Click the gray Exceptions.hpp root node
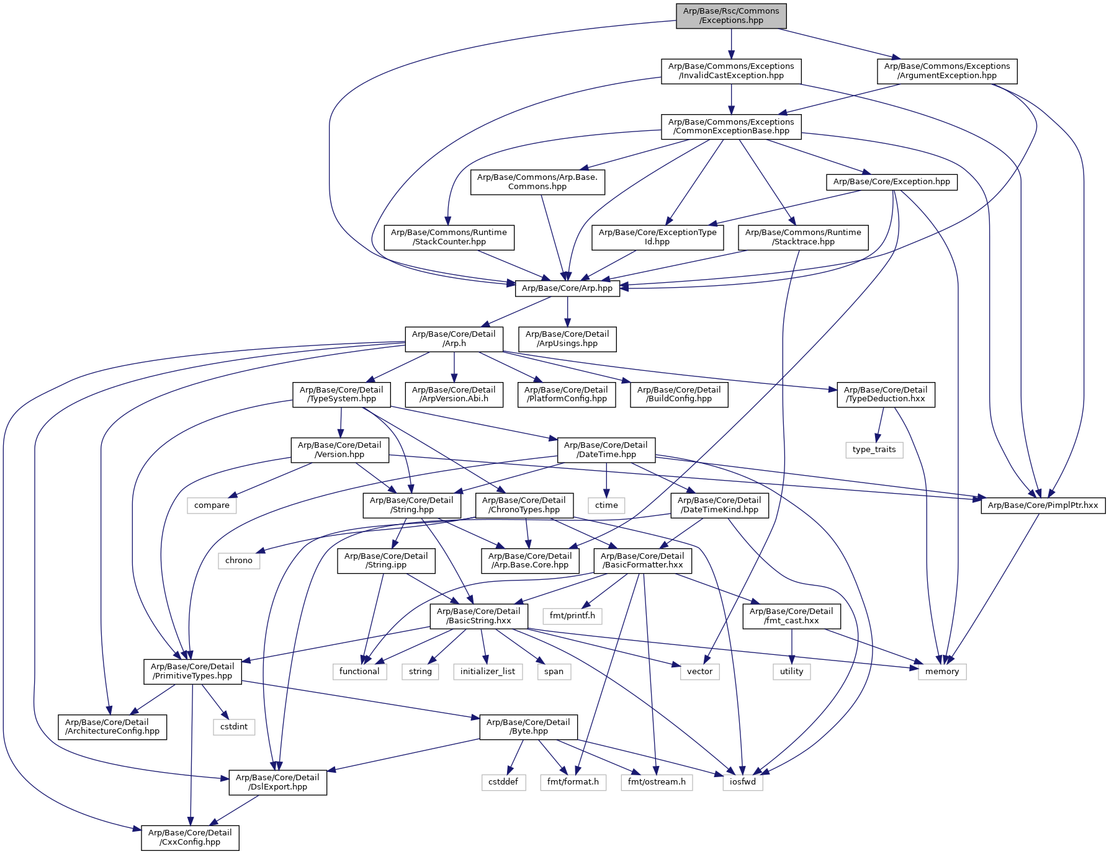(x=731, y=16)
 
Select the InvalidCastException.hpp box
(x=731, y=71)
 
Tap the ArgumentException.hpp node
(x=946, y=71)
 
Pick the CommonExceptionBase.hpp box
(x=731, y=127)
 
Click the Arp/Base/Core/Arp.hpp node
(x=567, y=288)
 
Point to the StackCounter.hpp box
(x=449, y=237)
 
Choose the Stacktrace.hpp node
(x=803, y=237)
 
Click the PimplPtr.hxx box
(x=1043, y=505)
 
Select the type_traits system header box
(x=874, y=449)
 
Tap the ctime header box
(x=606, y=505)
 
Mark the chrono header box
(x=239, y=560)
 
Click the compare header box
(x=212, y=505)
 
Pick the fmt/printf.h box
(x=572, y=615)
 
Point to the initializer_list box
(x=488, y=671)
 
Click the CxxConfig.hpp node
(x=190, y=837)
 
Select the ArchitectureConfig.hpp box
(x=112, y=726)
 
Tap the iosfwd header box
(x=743, y=781)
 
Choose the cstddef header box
(x=503, y=781)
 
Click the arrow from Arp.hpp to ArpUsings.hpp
(x=567, y=312)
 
